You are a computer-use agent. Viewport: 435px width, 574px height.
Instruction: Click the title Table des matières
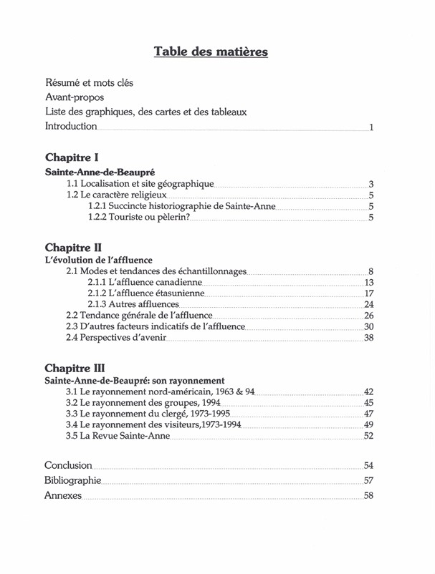coord(211,52)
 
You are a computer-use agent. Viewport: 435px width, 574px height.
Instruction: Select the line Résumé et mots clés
coord(89,83)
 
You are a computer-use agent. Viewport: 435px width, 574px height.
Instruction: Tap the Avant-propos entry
coord(75,97)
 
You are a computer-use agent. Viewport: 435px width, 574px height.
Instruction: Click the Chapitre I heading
coord(72,157)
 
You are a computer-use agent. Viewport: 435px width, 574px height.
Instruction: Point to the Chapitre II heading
coord(73,247)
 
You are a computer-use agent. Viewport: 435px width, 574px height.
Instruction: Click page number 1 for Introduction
coord(371,127)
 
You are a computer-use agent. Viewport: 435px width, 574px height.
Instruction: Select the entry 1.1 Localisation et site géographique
coord(140,184)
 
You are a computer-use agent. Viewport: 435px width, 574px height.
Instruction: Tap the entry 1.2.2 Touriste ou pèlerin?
coord(138,218)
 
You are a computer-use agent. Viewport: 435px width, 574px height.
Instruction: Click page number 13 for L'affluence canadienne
coord(369,283)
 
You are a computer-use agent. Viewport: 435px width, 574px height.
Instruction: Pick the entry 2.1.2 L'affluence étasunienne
coord(145,293)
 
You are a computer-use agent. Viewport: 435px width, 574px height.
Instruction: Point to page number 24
coord(369,305)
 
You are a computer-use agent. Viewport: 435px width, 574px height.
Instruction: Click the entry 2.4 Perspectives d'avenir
coord(116,337)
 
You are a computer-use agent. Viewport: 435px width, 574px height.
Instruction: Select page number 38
coord(369,338)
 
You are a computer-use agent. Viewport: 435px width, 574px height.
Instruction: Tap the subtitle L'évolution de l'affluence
coord(99,260)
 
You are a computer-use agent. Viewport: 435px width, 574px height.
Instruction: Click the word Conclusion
coord(68,465)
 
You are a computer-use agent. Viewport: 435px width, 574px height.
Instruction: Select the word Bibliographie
coord(72,480)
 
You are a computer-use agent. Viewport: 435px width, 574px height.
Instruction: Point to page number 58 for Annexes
coord(369,496)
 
